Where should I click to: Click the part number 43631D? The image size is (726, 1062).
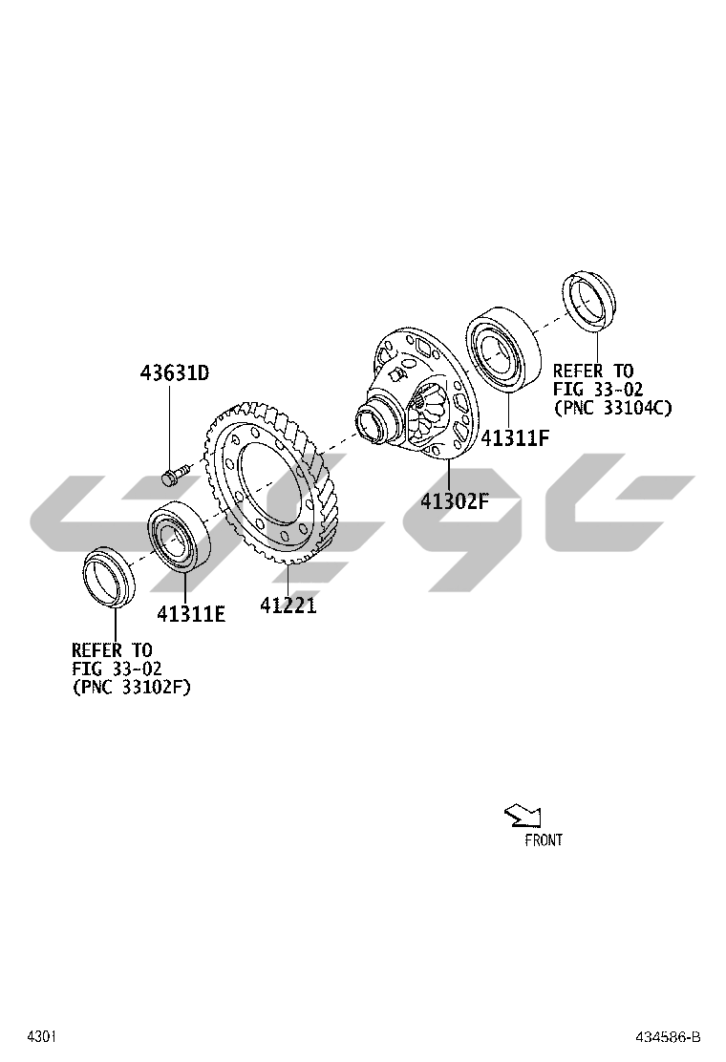coord(175,372)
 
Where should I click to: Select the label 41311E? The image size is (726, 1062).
coord(191,614)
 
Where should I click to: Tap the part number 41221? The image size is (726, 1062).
coord(288,605)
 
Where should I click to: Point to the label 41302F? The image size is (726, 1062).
coord(455,501)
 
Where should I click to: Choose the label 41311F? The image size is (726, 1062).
coord(515,438)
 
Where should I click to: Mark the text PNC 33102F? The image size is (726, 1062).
coord(132,688)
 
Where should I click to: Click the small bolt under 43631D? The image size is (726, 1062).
coord(174,474)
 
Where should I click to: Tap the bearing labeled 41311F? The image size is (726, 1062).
coord(503,348)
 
